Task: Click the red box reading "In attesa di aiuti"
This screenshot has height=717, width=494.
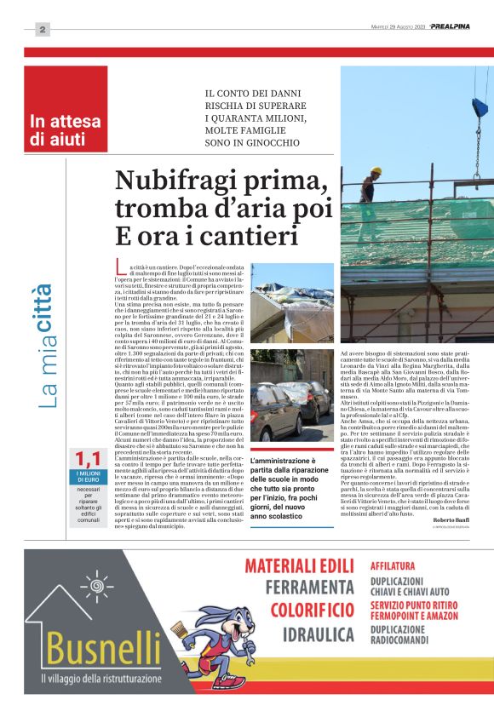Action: (x=66, y=128)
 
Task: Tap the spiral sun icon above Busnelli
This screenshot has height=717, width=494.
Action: (x=95, y=588)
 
